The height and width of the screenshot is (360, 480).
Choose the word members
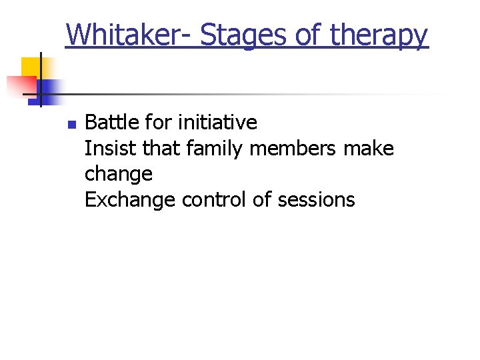[x=294, y=148]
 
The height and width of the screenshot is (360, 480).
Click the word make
[x=368, y=148]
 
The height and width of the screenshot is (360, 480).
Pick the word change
[x=119, y=175]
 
